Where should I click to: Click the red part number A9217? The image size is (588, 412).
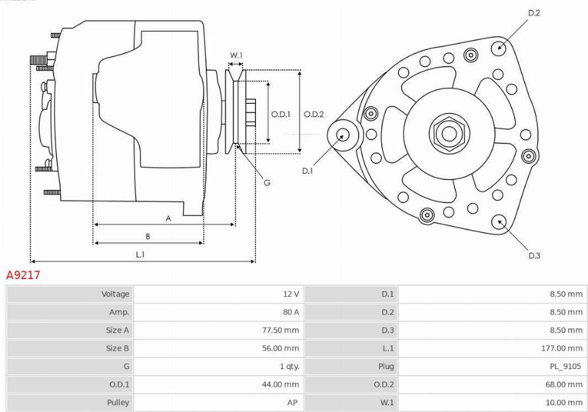tap(23, 275)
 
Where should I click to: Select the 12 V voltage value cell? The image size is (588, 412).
tap(291, 294)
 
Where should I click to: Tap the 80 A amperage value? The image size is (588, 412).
tap(291, 312)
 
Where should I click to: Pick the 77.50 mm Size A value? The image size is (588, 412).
tap(280, 330)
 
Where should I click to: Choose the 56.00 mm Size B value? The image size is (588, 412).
tap(280, 349)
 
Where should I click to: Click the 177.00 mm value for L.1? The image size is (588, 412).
tap(562, 349)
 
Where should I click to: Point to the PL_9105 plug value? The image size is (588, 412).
tap(565, 366)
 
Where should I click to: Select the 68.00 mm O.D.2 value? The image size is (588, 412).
tap(564, 384)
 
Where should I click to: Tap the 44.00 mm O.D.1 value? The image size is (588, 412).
tap(280, 384)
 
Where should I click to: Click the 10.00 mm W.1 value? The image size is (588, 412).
tap(564, 402)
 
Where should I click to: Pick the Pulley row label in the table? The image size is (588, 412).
tap(118, 402)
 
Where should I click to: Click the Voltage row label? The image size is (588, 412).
tap(115, 294)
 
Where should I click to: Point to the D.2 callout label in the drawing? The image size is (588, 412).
tap(534, 13)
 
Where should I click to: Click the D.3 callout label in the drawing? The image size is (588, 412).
tap(534, 256)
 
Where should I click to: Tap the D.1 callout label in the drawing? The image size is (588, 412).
tap(308, 171)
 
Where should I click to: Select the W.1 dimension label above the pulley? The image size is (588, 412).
tap(236, 55)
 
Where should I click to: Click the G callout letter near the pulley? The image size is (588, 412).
tap(267, 183)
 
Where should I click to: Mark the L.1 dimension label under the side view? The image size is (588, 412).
tap(140, 255)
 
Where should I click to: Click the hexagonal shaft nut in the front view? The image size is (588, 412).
tap(449, 133)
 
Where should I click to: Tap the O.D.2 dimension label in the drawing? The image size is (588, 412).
tap(314, 114)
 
